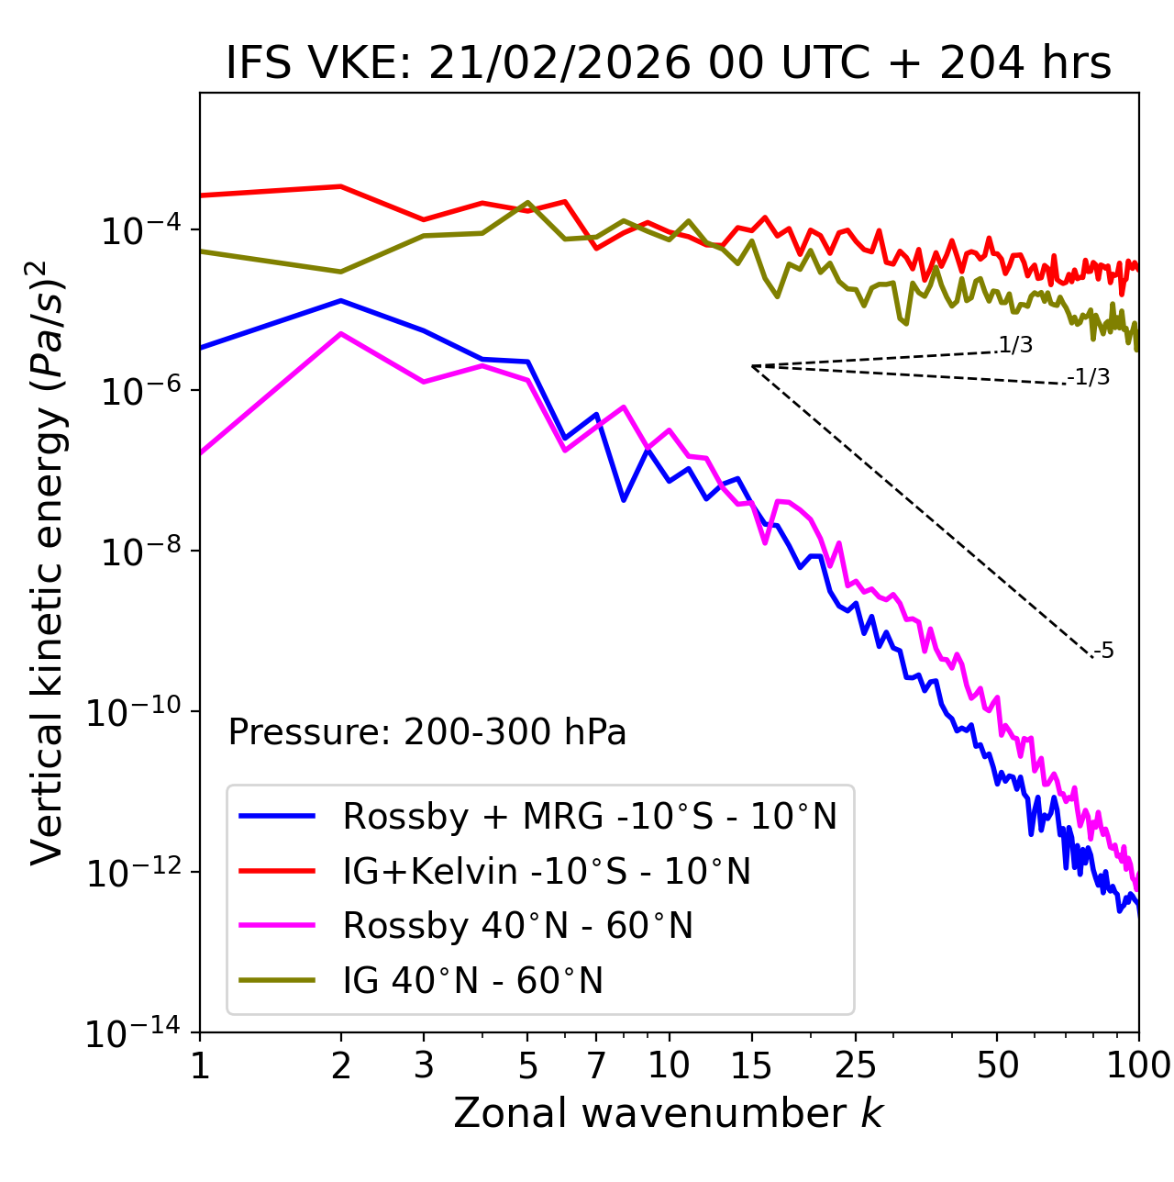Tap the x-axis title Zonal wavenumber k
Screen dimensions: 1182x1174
tap(668, 1112)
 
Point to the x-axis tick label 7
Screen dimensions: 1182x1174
tap(596, 1065)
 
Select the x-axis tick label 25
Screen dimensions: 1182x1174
tap(855, 1065)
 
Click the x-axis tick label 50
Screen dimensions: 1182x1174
tap(997, 1065)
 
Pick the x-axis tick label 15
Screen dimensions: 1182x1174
tap(751, 1065)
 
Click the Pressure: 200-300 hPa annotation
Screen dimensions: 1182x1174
tap(426, 732)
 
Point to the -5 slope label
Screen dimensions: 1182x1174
tap(1103, 652)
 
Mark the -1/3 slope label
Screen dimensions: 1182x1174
tap(1090, 377)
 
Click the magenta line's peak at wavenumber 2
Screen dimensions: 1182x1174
tap(341, 334)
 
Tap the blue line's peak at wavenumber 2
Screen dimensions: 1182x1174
tap(341, 300)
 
